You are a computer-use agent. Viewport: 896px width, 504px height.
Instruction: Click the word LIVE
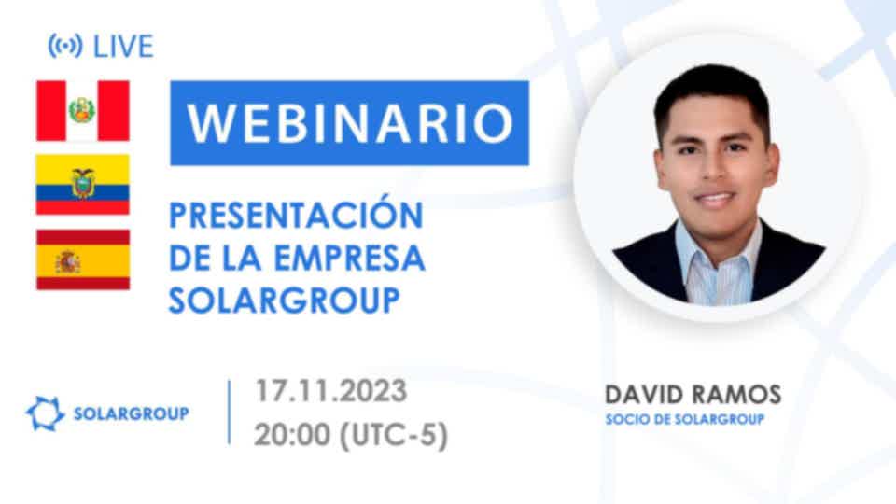123,47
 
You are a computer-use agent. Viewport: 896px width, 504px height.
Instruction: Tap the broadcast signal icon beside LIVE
65,46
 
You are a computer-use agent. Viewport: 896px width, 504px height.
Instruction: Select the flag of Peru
83,110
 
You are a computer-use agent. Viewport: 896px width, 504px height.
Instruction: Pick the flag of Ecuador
83,184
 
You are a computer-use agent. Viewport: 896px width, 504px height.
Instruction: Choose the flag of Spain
83,259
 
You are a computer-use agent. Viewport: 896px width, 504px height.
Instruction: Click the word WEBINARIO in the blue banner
350,123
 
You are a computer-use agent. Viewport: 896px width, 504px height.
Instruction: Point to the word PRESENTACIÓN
296,214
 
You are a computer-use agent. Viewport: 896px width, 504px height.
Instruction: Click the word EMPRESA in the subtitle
350,258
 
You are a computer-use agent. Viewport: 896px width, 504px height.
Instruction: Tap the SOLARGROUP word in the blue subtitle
284,300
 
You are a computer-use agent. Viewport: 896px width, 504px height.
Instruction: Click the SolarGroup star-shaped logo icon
45,413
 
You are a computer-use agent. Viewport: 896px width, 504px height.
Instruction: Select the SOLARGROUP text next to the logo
132,413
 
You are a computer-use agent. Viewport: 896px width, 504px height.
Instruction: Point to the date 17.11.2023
330,391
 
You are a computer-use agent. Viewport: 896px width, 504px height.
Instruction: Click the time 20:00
292,436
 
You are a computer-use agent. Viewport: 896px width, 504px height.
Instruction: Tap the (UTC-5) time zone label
394,436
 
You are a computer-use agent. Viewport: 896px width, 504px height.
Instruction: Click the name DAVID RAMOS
693,395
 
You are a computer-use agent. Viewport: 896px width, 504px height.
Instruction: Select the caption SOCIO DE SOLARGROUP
684,419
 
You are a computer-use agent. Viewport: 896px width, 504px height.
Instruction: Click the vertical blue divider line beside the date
230,412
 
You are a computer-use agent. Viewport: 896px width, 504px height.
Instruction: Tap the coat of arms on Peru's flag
82,110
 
